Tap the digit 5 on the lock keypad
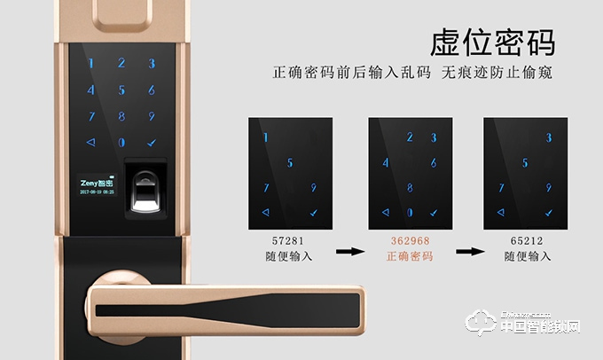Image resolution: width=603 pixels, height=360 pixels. [x=122, y=90]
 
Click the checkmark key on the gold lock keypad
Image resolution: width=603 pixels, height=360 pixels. [x=152, y=142]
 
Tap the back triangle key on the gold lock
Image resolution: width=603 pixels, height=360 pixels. [x=90, y=142]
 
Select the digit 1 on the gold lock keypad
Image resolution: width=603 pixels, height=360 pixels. [x=92, y=64]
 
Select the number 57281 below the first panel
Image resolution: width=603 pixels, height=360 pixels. [x=289, y=240]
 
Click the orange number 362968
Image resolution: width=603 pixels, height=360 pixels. [x=410, y=240]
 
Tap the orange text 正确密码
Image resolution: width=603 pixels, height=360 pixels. [x=410, y=256]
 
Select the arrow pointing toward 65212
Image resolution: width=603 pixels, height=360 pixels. [x=468, y=251]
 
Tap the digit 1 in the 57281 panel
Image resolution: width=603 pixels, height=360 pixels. [x=264, y=137]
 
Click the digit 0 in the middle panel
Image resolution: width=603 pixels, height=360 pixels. [x=409, y=213]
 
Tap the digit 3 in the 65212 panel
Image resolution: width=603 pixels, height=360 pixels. [x=549, y=137]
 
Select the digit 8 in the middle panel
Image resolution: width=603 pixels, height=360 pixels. [x=409, y=187]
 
